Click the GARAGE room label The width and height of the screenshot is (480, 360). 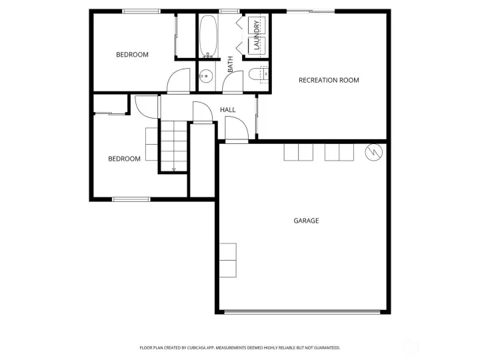(x=306, y=221)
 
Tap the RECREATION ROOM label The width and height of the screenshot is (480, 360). (x=329, y=80)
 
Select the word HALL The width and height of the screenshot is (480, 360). (x=228, y=109)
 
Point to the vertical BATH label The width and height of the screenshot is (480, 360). (x=231, y=65)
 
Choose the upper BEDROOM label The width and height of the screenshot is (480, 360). (x=132, y=55)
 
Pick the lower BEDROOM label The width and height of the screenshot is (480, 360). (x=125, y=159)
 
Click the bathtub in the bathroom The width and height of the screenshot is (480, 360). (x=207, y=36)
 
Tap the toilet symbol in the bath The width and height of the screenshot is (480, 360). (x=257, y=75)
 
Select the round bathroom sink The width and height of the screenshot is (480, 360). (x=206, y=75)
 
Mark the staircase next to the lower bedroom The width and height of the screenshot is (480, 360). (x=173, y=146)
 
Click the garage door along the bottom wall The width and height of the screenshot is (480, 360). (x=303, y=311)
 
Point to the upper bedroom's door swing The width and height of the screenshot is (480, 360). (x=178, y=81)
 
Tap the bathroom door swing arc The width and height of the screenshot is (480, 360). (x=233, y=82)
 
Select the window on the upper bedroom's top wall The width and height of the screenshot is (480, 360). (x=141, y=11)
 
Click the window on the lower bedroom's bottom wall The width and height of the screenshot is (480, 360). (x=131, y=199)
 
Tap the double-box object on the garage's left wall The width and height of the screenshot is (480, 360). (x=227, y=260)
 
